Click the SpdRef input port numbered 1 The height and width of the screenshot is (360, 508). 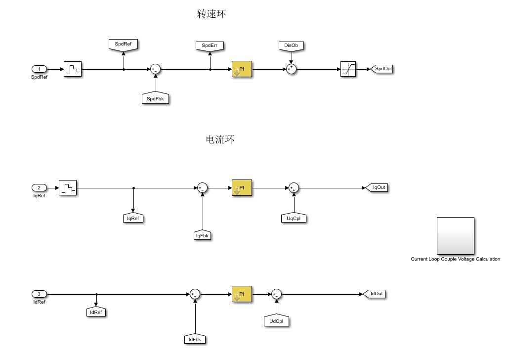point(40,69)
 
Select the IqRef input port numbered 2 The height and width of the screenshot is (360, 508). point(40,187)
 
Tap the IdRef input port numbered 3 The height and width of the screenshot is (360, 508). point(40,294)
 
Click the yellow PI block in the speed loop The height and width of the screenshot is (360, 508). point(242,69)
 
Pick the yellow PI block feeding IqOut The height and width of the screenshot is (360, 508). point(242,188)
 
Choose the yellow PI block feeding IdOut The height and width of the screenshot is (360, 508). point(242,294)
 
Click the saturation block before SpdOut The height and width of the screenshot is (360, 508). point(348,69)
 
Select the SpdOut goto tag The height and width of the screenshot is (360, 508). point(382,69)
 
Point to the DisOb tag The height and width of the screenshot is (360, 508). point(291,46)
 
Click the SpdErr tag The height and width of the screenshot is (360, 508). point(210,46)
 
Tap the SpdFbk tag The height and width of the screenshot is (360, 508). point(156,99)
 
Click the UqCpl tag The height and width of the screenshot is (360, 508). point(294,218)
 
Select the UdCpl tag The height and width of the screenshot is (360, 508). point(276,321)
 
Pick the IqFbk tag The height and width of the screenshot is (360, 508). point(203,235)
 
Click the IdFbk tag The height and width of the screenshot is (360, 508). point(195,339)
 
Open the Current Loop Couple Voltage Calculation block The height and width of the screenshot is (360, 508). point(455,235)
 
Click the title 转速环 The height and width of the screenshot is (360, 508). point(212,15)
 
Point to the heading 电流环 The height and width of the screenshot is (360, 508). point(220,140)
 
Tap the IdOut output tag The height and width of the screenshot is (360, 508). point(375,294)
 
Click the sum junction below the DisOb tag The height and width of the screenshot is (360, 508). point(291,69)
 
